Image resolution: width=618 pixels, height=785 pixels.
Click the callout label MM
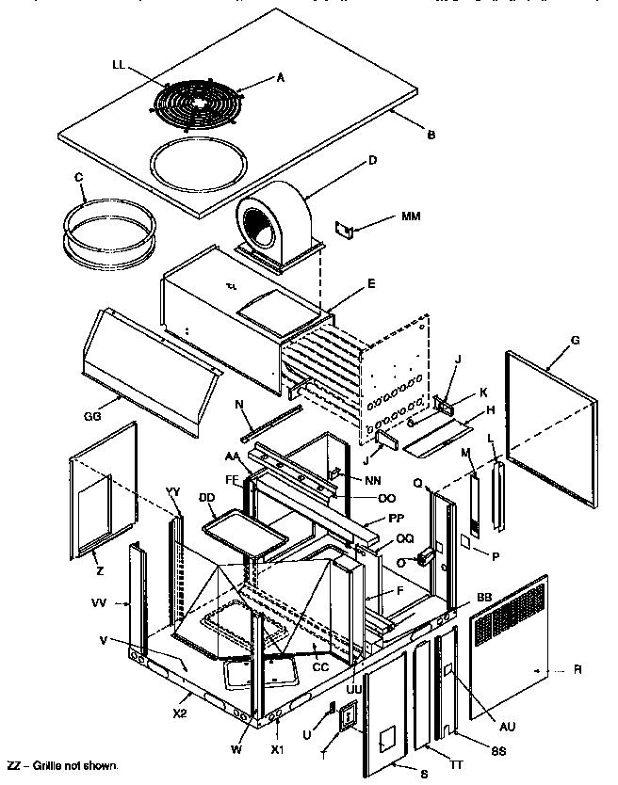(411, 216)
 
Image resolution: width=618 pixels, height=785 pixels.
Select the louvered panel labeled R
(512, 642)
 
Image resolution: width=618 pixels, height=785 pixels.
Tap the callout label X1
(277, 749)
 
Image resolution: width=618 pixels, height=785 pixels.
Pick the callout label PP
(397, 519)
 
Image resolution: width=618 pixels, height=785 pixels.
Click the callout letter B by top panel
(431, 135)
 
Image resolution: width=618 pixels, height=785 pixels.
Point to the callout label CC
(320, 666)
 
